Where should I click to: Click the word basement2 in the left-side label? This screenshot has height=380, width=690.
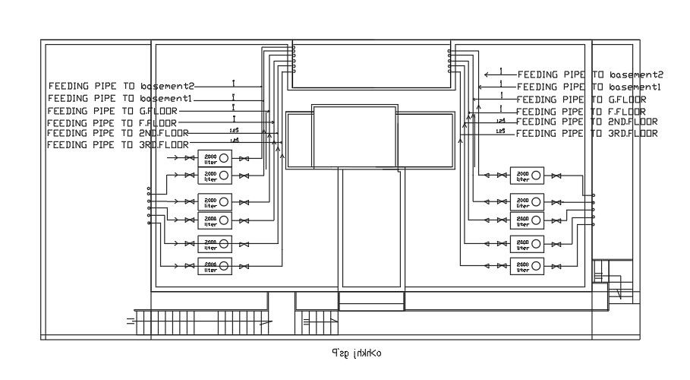coord(167,86)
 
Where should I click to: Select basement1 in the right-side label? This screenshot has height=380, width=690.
coord(634,87)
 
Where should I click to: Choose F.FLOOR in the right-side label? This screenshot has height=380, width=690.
coord(622,111)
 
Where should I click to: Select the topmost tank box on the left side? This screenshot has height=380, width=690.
coord(215,158)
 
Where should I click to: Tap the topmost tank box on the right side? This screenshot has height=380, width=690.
coord(527,176)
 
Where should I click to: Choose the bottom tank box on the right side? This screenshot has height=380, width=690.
coord(527,265)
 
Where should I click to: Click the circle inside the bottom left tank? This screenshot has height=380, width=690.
coord(224,265)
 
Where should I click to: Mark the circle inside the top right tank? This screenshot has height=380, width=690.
coord(537,176)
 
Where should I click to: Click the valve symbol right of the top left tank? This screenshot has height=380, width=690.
coord(244,158)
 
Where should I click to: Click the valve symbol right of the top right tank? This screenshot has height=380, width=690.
coord(556,176)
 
